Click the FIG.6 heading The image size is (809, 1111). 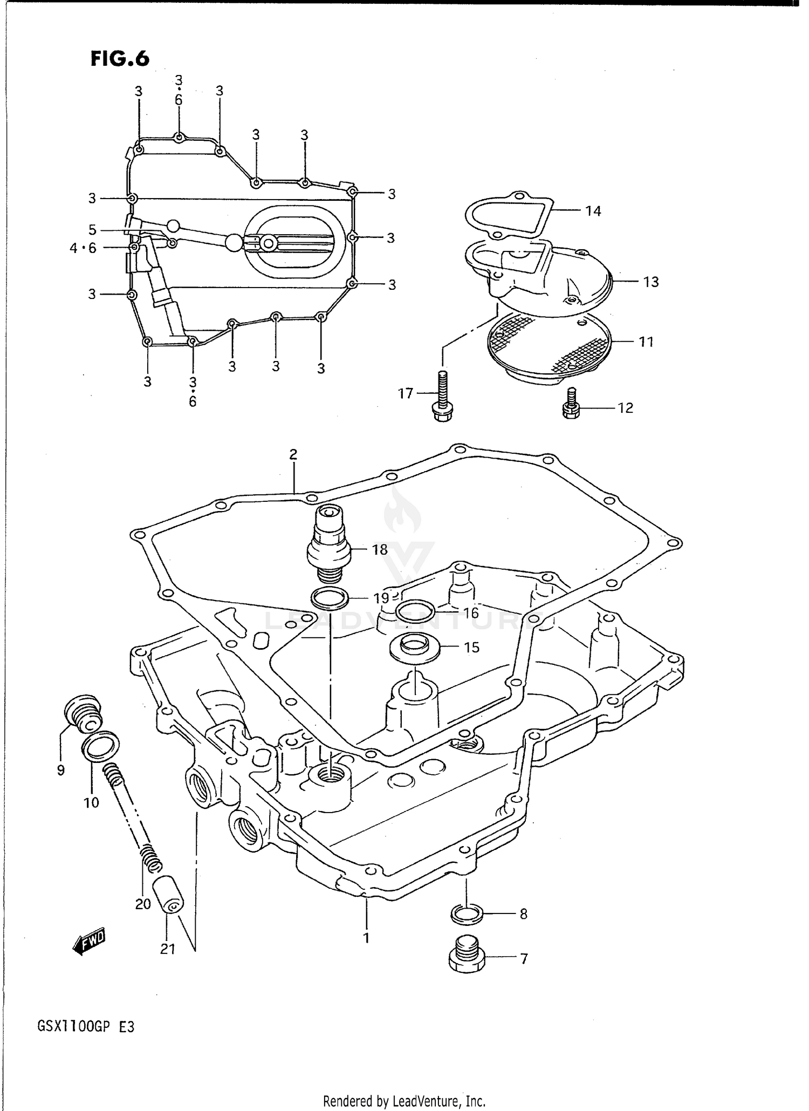(120, 58)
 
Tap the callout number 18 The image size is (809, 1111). (380, 550)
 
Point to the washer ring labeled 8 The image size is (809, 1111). (466, 914)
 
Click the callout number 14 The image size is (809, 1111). (593, 211)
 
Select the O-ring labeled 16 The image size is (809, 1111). (415, 611)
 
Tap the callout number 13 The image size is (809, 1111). (651, 282)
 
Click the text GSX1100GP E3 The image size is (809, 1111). (86, 1026)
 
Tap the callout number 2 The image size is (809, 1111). (293, 454)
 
